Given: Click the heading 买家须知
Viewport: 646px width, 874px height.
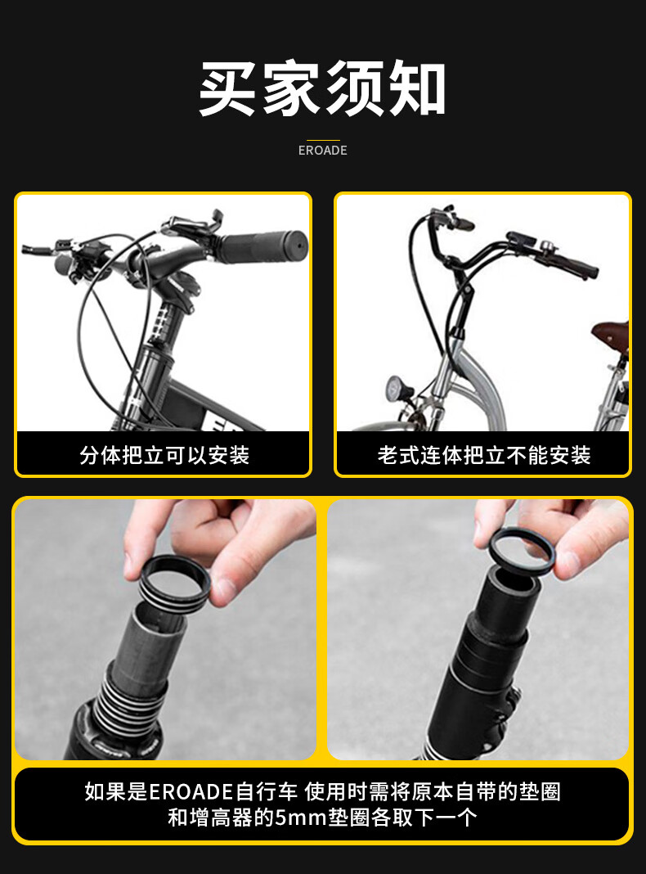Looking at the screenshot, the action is [x=322, y=88].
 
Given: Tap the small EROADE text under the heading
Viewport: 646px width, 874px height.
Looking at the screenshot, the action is [x=323, y=151].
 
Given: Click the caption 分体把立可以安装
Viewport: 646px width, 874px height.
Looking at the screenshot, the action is [x=164, y=455].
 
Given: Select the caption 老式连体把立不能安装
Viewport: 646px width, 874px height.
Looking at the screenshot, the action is [x=484, y=455].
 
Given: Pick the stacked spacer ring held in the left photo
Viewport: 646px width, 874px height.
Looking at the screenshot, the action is [x=175, y=584].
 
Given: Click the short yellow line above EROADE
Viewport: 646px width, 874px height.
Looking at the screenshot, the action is [x=323, y=141].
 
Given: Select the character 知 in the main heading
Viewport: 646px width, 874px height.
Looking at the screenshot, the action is [x=417, y=88].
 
